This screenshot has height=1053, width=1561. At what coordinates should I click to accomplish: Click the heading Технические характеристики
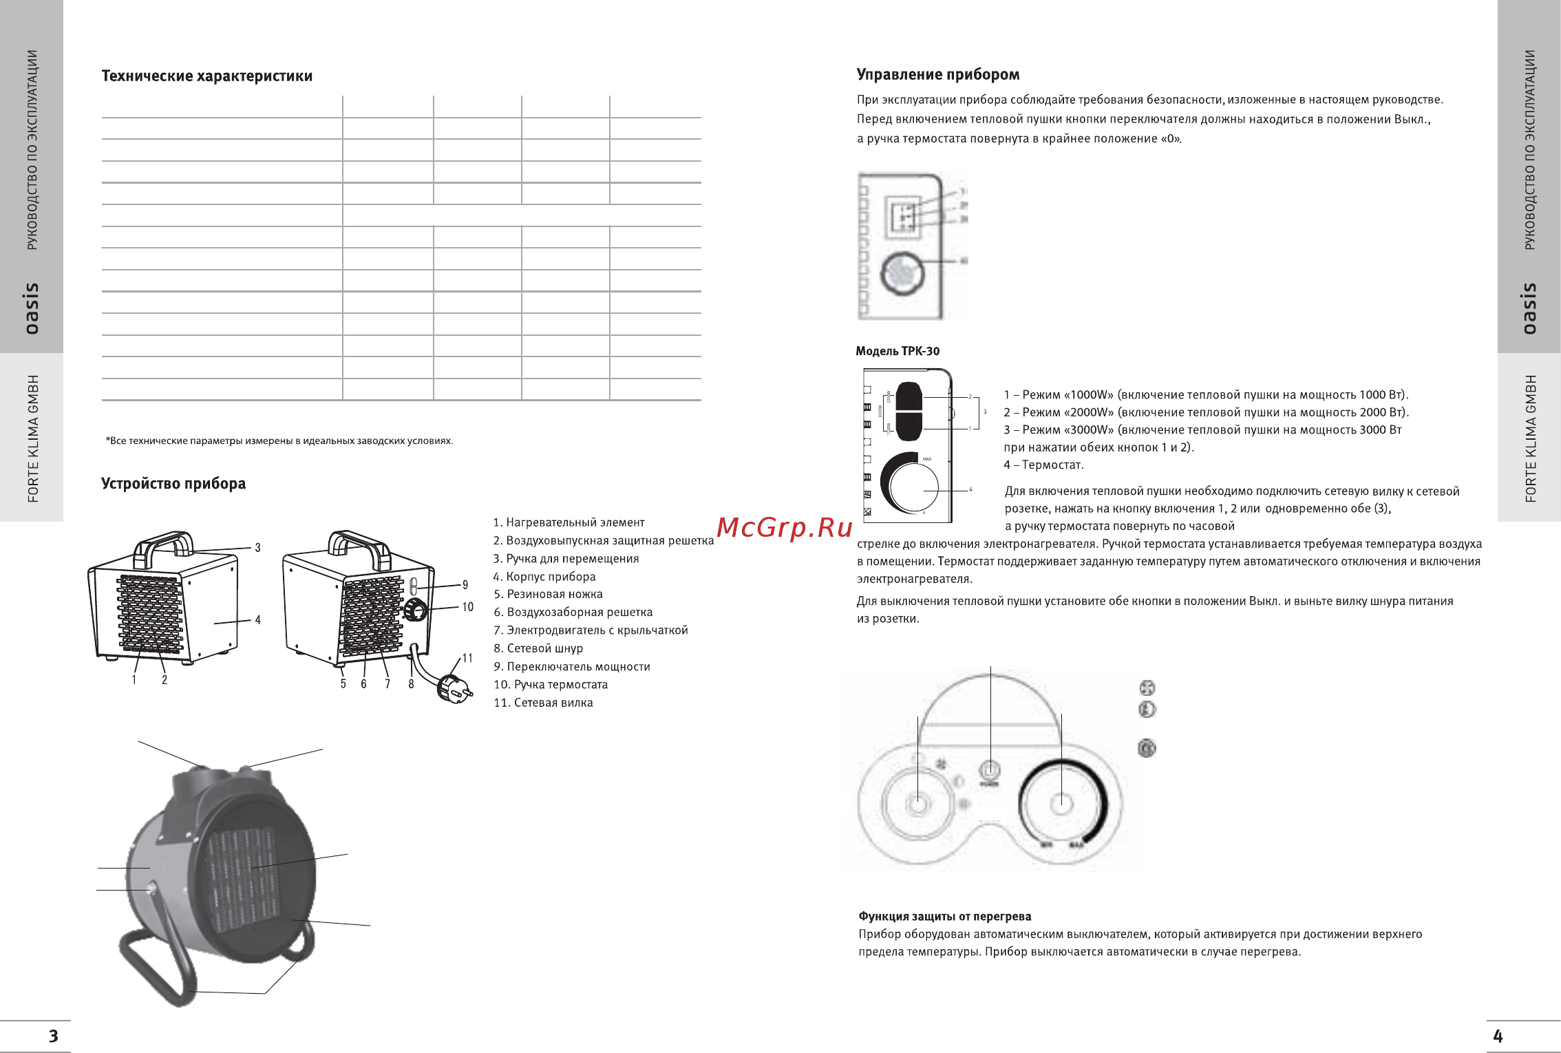click(x=206, y=76)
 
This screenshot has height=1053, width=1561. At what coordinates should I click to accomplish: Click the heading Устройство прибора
click(x=173, y=484)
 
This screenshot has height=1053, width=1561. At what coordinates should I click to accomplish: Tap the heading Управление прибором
click(x=937, y=75)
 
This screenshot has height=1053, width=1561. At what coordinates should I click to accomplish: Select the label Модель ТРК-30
click(x=897, y=351)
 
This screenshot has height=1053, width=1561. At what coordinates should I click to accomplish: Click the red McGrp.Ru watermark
click(x=784, y=528)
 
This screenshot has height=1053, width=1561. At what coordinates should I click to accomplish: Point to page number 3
click(x=53, y=1036)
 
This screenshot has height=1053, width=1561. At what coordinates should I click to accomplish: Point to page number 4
click(x=1498, y=1036)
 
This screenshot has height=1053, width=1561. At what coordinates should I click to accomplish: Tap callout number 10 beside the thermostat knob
click(x=467, y=607)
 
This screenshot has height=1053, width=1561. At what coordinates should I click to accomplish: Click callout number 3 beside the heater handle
click(x=257, y=548)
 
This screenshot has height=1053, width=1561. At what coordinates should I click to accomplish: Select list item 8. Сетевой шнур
click(x=538, y=648)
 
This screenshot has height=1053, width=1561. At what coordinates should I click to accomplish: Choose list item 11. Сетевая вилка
click(x=543, y=703)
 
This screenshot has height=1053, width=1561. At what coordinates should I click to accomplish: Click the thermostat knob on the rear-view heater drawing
click(x=416, y=610)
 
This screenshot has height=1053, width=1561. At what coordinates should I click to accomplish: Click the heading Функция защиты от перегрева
click(x=944, y=917)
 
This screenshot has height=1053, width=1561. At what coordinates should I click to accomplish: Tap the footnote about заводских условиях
click(x=279, y=441)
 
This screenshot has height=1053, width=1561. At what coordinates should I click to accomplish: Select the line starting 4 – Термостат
click(x=1043, y=465)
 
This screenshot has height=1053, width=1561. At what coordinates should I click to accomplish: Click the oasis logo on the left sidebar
click(x=32, y=308)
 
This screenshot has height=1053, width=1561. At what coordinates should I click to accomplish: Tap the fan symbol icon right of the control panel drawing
click(x=1147, y=688)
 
